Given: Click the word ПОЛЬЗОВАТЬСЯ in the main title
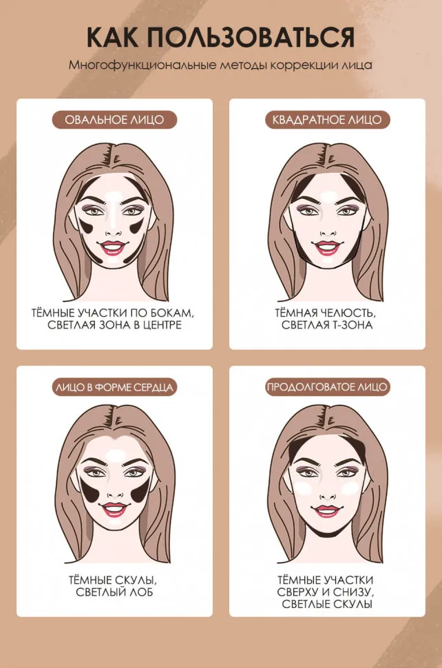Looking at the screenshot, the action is point(251,36).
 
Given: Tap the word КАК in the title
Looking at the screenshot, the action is point(112,36).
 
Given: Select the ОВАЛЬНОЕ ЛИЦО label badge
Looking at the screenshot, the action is point(114,120).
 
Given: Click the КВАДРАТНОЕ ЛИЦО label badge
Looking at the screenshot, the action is point(327,120).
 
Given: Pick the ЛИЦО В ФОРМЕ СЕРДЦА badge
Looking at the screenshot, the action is point(114,387).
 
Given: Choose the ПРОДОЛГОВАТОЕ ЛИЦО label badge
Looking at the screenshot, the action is point(327,387).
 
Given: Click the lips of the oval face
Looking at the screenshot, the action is point(113,247).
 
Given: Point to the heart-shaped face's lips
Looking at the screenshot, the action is point(114,508).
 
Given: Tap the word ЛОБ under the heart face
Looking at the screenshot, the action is point(143,592).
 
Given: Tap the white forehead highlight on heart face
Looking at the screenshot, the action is point(115,456).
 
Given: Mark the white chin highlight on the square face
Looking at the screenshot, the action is point(328,260).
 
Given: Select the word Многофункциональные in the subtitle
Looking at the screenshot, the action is point(143,65).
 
